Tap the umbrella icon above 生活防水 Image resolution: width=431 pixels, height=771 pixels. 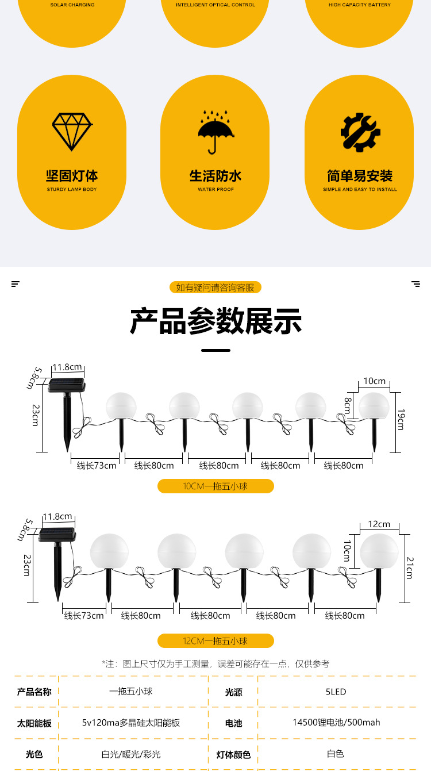[216, 132]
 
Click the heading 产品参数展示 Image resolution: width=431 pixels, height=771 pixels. [215, 321]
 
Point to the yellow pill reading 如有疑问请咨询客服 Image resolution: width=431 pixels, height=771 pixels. [215, 287]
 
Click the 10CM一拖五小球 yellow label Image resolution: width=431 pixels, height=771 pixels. [215, 486]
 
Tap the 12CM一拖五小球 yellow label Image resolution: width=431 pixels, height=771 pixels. [215, 641]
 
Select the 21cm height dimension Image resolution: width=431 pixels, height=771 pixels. [409, 567]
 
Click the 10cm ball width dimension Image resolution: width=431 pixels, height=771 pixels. [374, 381]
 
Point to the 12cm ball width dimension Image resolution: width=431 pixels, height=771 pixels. [379, 524]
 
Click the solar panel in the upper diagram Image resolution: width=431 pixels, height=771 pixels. [67, 385]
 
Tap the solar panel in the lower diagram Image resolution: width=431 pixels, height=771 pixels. [57, 535]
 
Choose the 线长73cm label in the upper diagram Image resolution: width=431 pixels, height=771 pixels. [97, 466]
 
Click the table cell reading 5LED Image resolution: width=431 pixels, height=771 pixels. [336, 692]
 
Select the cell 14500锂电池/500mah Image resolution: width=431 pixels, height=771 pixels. [336, 723]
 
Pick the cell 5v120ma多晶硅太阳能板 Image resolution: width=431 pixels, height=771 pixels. [131, 723]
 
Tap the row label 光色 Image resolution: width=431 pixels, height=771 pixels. [34, 754]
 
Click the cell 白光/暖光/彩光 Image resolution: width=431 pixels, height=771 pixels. [131, 754]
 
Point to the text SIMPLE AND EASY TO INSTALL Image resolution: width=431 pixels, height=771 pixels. [360, 189]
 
